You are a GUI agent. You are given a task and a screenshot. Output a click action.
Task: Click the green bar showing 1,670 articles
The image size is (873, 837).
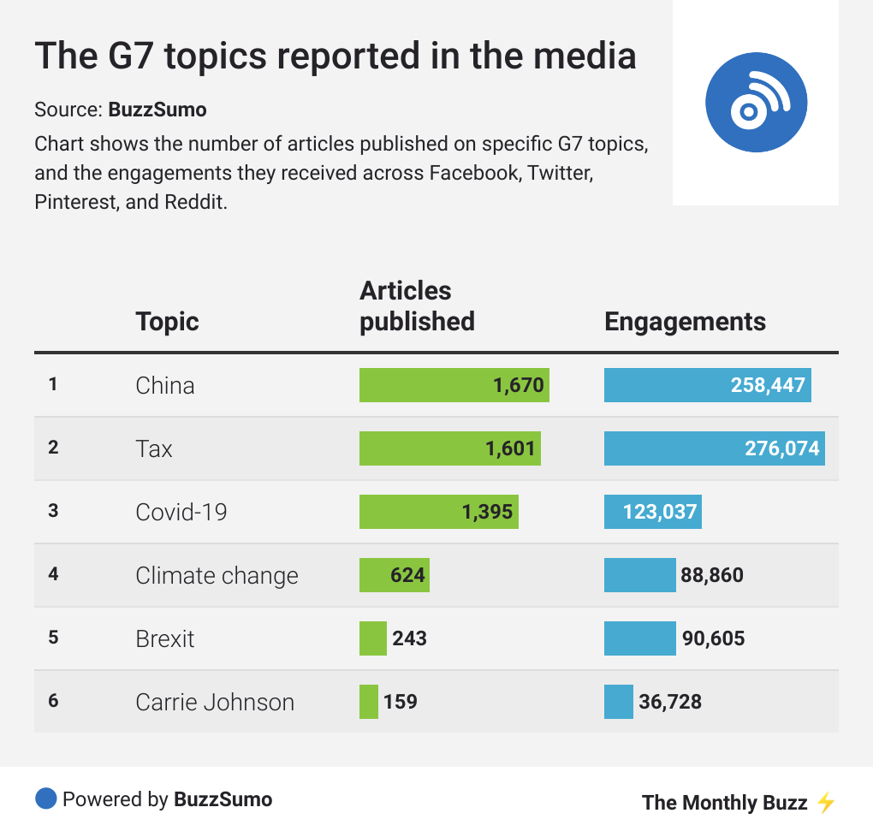pos(454,385)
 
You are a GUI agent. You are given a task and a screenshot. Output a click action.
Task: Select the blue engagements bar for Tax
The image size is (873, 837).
pos(714,448)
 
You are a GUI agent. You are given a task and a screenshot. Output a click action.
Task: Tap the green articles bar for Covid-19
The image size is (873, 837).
pos(438,512)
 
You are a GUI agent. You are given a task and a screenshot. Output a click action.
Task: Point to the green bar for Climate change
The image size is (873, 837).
pos(394,575)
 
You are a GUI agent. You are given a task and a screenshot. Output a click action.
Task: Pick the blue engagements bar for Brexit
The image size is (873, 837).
pos(639,638)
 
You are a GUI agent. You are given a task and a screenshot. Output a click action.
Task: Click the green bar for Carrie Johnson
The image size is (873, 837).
pos(369,702)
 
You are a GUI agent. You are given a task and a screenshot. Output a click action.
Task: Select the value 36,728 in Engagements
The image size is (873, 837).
pos(670,702)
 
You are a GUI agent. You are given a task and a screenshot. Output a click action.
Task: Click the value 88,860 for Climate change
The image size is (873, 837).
pos(712,575)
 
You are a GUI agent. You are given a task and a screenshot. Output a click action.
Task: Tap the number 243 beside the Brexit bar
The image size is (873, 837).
pos(409,638)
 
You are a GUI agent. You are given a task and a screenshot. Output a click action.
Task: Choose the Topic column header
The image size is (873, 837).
pos(167,322)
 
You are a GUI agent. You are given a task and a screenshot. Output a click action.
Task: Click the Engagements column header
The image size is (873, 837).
pos(685,322)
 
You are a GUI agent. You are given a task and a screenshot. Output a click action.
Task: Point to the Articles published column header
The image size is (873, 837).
pos(417,306)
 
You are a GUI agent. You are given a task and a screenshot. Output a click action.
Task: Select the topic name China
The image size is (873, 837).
pos(165,385)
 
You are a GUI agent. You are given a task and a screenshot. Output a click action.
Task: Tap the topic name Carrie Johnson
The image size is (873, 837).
pos(215,702)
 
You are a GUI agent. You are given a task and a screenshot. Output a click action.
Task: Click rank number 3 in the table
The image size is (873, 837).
pos(53,511)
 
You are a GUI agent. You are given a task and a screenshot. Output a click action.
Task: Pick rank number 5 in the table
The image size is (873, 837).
pos(53,638)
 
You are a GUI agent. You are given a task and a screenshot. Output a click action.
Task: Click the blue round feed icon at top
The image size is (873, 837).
pos(756,102)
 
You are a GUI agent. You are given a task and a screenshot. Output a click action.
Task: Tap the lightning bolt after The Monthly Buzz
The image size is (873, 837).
pos(825,802)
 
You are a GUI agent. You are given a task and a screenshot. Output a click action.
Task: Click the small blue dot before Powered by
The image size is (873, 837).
pos(45,799)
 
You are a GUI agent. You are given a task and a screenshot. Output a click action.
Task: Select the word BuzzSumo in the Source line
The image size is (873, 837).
pos(157,110)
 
